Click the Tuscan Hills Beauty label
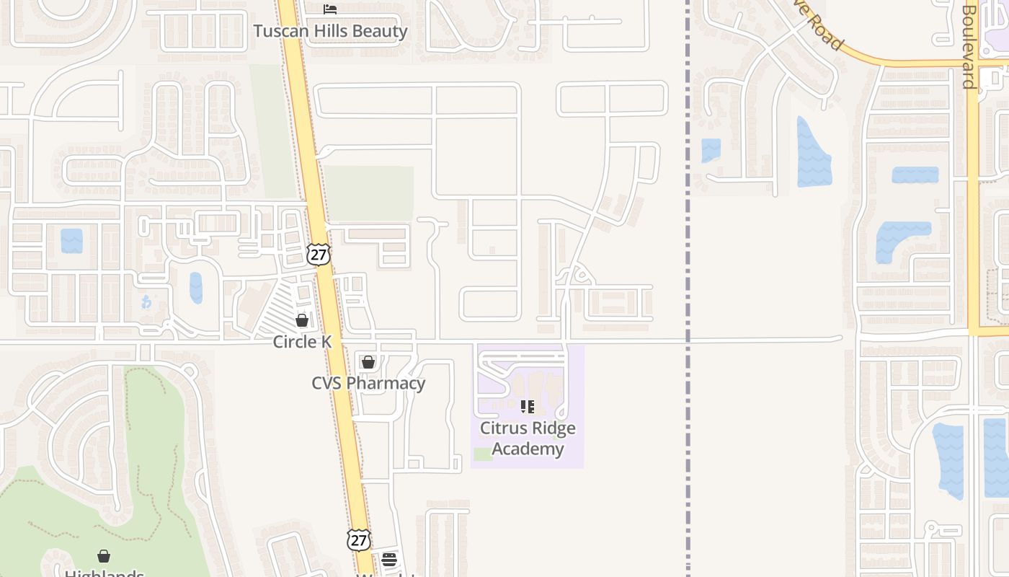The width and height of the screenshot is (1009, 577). tap(330, 31)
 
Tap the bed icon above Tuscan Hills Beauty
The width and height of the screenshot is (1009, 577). tap(330, 9)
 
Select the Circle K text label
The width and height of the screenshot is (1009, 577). tap(302, 341)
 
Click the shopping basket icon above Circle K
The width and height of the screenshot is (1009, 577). tap(302, 320)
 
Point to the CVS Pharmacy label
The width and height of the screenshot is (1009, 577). tap(368, 383)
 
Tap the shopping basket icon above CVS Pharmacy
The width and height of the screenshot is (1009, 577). tap(368, 361)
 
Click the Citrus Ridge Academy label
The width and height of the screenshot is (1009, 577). tap(528, 439)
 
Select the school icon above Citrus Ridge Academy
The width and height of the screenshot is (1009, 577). tap(528, 407)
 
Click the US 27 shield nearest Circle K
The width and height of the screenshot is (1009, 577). tap(318, 254)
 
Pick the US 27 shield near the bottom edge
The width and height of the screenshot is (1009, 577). tap(358, 539)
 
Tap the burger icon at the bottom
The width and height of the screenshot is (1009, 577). tap(389, 559)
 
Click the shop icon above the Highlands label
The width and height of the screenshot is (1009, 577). tap(104, 556)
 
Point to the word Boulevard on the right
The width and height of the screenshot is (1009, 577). tap(969, 47)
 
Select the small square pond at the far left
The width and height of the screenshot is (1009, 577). tap(71, 240)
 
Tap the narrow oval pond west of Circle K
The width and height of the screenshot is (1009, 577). tap(196, 287)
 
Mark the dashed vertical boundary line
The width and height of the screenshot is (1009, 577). tap(688, 288)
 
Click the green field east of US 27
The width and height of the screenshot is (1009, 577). tap(368, 193)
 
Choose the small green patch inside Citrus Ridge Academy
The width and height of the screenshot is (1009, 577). tap(483, 454)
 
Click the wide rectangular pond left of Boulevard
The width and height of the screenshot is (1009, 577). tap(915, 175)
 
